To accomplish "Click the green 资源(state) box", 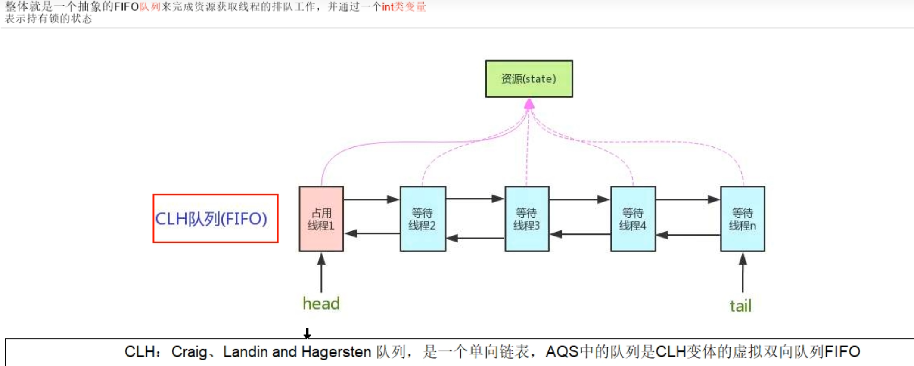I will click(529, 79).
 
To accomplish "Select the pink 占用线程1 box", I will click(321, 219).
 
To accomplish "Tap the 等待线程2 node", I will click(423, 219).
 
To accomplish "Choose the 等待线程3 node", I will click(527, 219).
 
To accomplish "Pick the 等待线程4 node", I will click(633, 219).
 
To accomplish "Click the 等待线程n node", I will click(743, 219).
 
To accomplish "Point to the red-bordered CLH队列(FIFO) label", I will click(215, 219).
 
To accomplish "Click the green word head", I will click(321, 304).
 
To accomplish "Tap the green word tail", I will click(740, 306).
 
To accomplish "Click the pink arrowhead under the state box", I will click(529, 104).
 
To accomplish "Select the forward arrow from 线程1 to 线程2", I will click(371, 199).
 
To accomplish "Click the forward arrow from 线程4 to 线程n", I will click(688, 199).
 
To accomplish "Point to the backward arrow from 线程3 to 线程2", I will click(475, 238).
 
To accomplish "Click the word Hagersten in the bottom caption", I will click(336, 352).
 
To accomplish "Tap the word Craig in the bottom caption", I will click(189, 352).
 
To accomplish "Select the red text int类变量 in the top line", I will click(404, 7).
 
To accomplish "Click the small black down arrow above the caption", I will click(307, 333).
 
